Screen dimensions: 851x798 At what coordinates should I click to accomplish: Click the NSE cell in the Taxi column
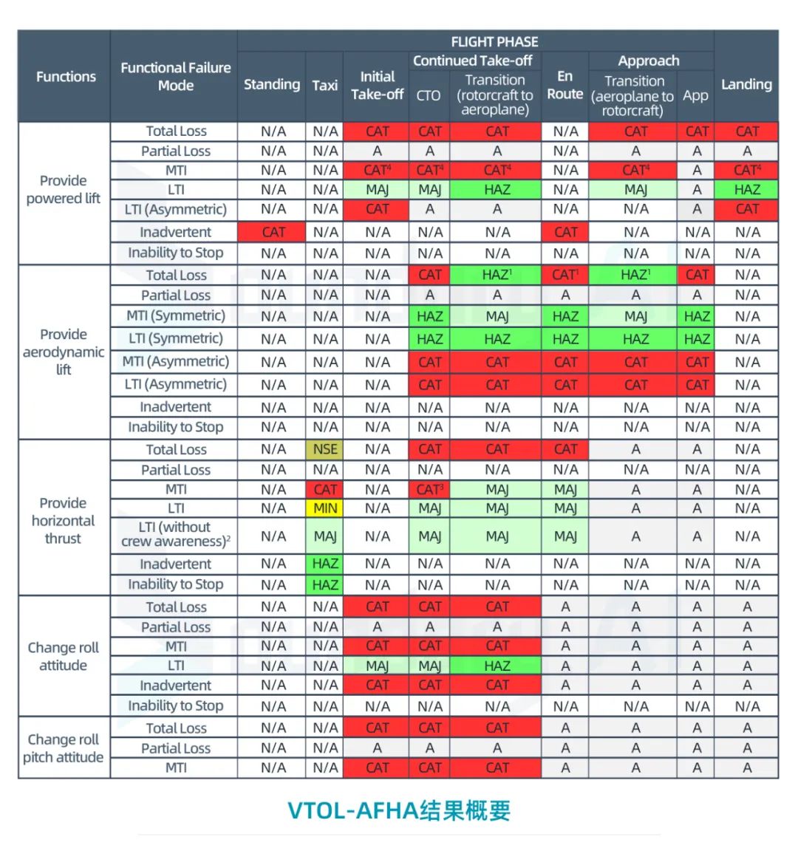[x=325, y=449]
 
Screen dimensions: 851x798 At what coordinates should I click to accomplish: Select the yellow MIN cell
[x=325, y=508]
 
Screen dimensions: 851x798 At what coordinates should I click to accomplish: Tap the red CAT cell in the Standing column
[x=273, y=232]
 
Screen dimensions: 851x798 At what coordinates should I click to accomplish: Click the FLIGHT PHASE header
[x=494, y=41]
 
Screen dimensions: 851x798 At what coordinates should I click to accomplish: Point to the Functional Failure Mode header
[x=175, y=76]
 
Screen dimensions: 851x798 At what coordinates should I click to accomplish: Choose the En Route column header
[x=565, y=85]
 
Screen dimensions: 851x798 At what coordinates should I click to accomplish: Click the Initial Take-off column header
[x=377, y=85]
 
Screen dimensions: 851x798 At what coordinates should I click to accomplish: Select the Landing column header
[x=746, y=84]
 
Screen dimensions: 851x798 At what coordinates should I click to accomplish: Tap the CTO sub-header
[x=429, y=95]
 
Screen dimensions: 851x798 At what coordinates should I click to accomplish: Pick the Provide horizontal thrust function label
[x=63, y=520]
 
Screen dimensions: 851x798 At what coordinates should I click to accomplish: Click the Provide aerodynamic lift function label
[x=64, y=352]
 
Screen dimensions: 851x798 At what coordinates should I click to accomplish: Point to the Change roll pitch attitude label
[x=63, y=748]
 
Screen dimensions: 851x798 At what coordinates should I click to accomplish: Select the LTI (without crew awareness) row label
[x=175, y=534]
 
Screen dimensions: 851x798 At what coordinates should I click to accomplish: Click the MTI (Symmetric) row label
[x=175, y=316]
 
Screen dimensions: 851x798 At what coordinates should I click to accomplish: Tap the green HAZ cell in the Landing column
[x=747, y=190]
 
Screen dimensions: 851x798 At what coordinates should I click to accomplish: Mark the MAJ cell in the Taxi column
[x=325, y=536]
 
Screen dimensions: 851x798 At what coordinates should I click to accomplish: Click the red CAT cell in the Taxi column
[x=325, y=489]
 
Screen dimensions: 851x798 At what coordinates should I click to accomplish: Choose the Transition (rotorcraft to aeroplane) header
[x=495, y=95]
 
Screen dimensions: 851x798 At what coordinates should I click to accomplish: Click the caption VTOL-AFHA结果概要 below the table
[x=399, y=810]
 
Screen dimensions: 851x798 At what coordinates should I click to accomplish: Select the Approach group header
[x=648, y=61]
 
